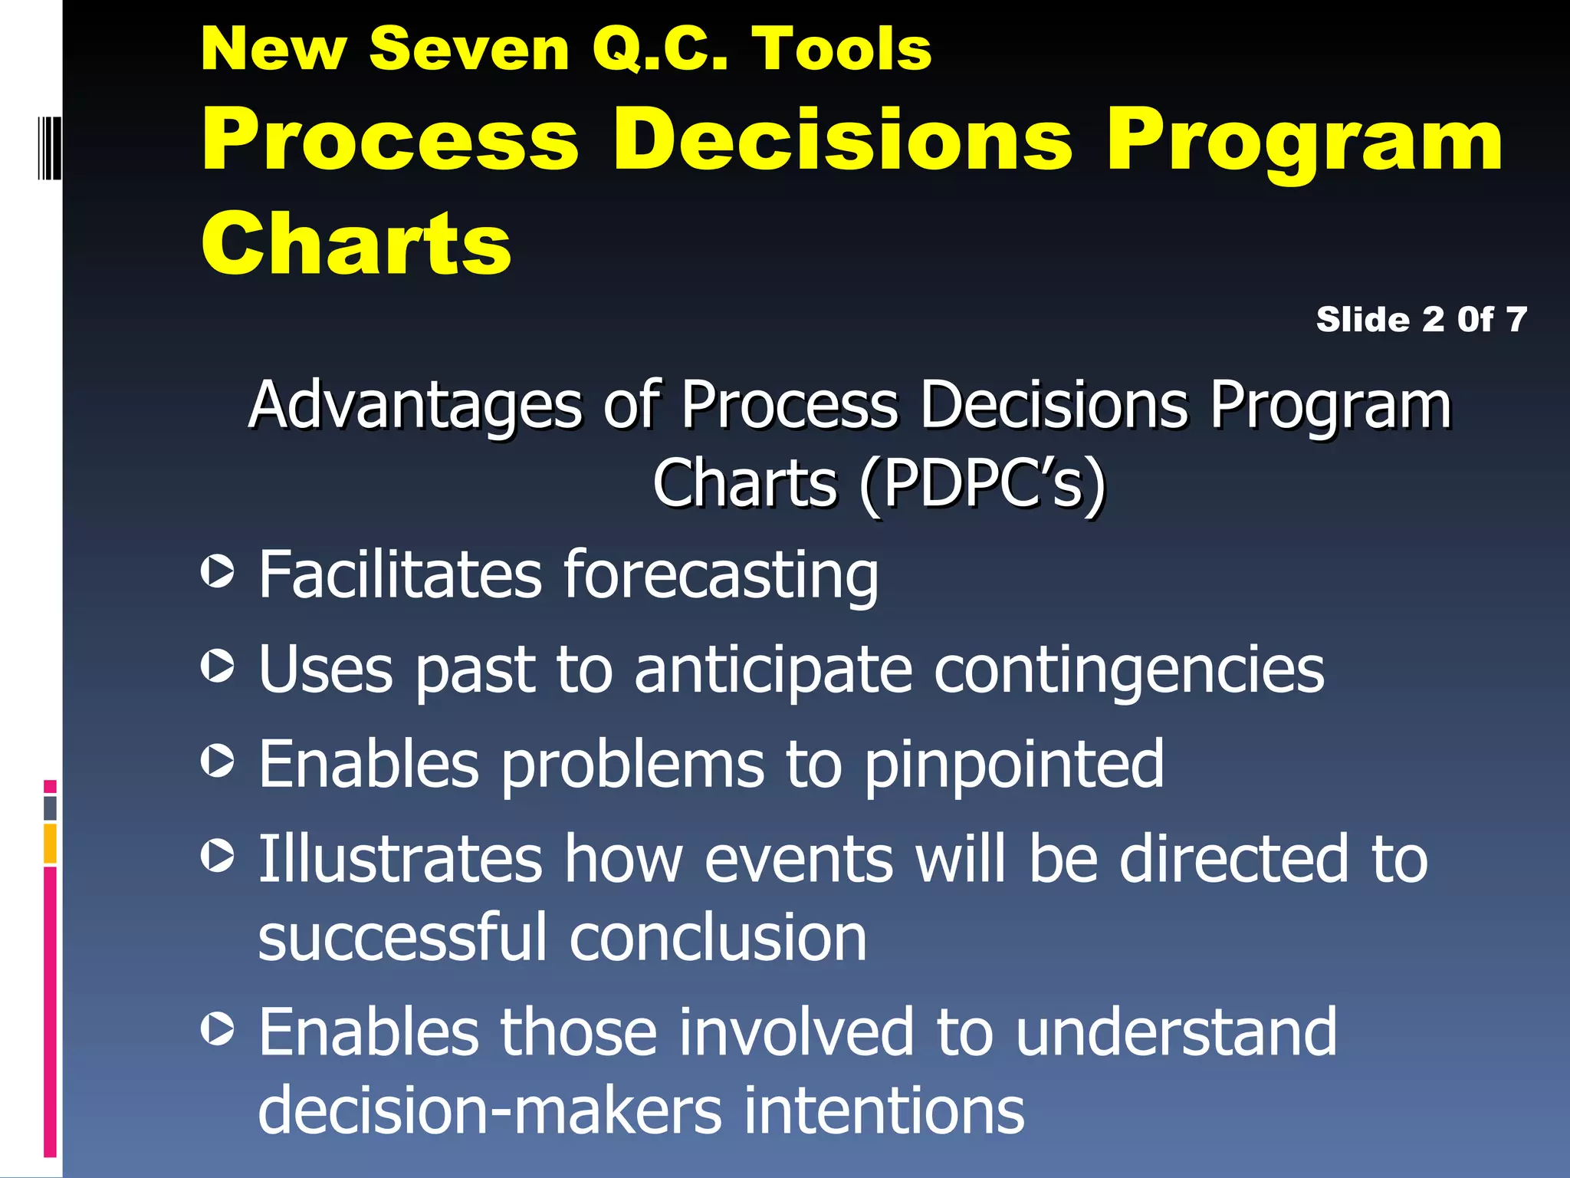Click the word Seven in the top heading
coord(468,49)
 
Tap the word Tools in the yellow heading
coord(841,49)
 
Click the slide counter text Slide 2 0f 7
coord(1421,319)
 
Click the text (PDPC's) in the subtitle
coord(983,483)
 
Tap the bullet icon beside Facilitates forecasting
coord(218,571)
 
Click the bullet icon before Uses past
coord(218,666)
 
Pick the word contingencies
coord(1128,670)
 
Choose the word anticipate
coord(774,670)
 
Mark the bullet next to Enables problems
coord(218,761)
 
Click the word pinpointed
coord(1014,765)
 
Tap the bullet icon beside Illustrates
coord(218,855)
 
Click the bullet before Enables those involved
coord(218,1028)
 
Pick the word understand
coord(1176,1032)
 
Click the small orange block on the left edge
coord(50,844)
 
